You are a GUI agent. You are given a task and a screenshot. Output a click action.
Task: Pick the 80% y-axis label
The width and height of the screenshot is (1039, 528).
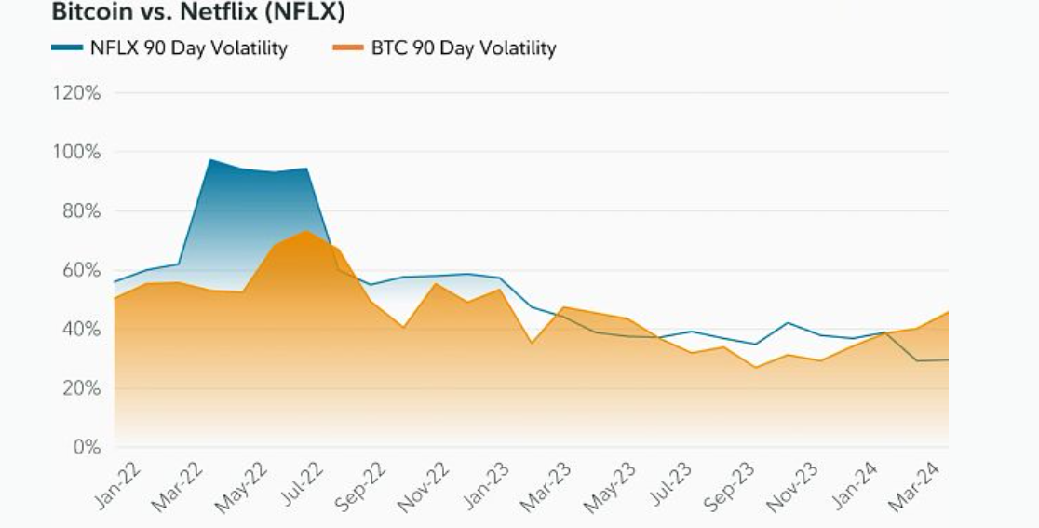click(x=77, y=211)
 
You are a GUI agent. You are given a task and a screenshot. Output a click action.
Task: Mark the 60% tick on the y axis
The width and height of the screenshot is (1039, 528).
click(x=77, y=270)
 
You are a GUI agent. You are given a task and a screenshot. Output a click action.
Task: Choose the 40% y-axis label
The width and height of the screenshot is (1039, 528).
click(x=77, y=329)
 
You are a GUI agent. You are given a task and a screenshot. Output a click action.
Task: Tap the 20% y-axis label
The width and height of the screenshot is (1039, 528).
click(x=77, y=388)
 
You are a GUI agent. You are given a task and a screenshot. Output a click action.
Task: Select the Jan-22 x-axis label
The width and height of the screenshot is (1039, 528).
click(x=118, y=484)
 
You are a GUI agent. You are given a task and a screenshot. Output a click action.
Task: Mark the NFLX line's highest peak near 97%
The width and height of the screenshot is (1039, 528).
click(x=210, y=160)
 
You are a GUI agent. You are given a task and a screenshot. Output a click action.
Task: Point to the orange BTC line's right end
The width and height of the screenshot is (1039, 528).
click(x=948, y=312)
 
